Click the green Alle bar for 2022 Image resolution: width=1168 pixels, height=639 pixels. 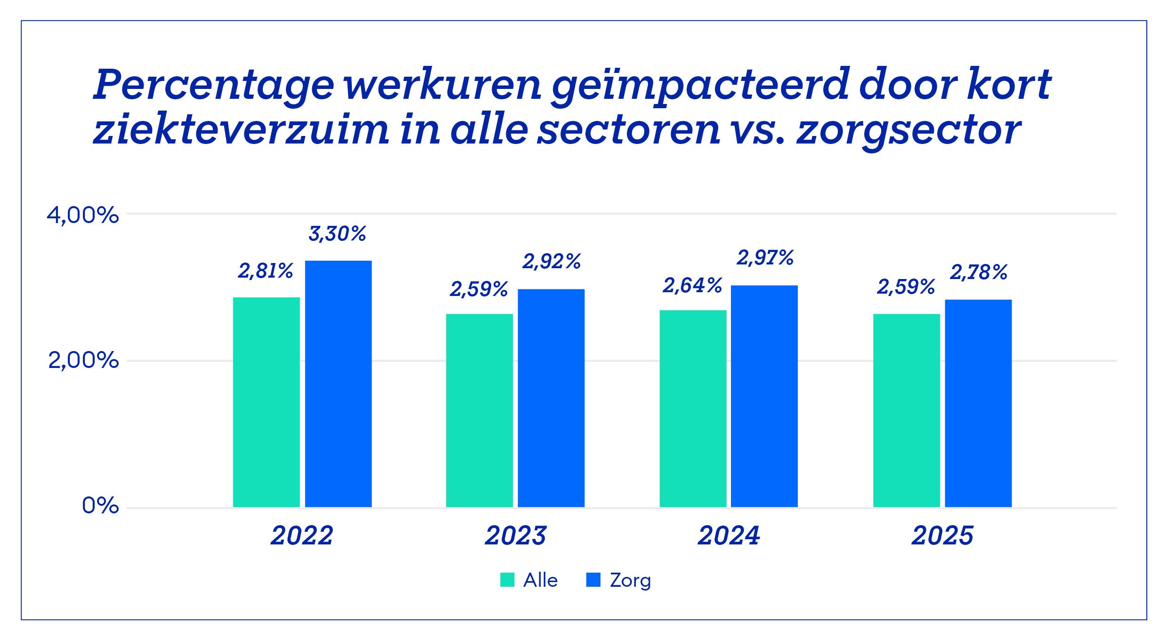coord(266,402)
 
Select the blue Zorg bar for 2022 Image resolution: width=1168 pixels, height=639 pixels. coord(338,383)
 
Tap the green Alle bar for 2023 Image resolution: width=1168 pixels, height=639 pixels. coord(479,410)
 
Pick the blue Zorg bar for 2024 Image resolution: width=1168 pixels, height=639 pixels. coord(764,396)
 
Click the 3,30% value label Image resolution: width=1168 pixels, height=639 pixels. coord(337,234)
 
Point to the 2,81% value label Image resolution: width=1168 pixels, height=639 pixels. coord(266,271)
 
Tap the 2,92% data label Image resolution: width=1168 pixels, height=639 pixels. coord(552,262)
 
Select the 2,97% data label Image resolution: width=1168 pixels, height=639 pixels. coord(765,258)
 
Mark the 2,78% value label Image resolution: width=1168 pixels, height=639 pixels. coord(979,272)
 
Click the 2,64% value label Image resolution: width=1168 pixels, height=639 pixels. coord(692,286)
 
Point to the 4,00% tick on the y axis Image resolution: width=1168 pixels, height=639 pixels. coord(82,216)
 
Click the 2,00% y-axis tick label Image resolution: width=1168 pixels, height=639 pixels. coord(83,361)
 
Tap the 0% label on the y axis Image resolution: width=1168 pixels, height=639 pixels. coord(100,506)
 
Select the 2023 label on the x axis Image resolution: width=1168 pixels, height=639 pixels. coord(516,535)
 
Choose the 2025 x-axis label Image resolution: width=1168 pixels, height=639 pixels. coord(942,535)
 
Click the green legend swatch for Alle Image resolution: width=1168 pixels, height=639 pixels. coord(507,580)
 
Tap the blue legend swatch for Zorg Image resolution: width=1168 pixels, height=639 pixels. coord(593,580)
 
